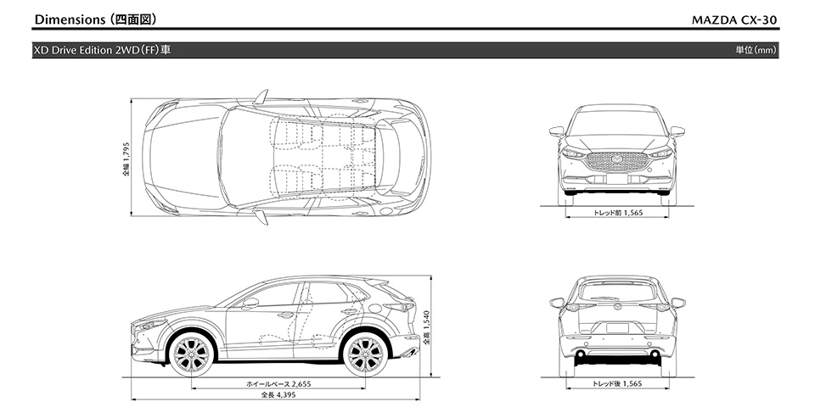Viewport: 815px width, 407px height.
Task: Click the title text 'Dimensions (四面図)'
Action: coord(95,18)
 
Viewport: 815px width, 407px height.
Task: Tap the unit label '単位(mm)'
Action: coord(756,50)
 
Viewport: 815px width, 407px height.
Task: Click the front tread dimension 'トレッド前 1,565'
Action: coord(617,214)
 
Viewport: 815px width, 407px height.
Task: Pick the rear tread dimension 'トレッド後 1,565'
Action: coord(617,384)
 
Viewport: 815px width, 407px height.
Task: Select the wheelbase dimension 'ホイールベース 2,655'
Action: coord(278,384)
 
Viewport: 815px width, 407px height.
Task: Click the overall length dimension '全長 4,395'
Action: coord(278,395)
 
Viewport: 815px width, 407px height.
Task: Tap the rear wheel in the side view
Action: coord(365,354)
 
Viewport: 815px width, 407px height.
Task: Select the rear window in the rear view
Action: coord(617,293)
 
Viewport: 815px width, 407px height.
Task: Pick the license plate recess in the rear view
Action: coord(617,329)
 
